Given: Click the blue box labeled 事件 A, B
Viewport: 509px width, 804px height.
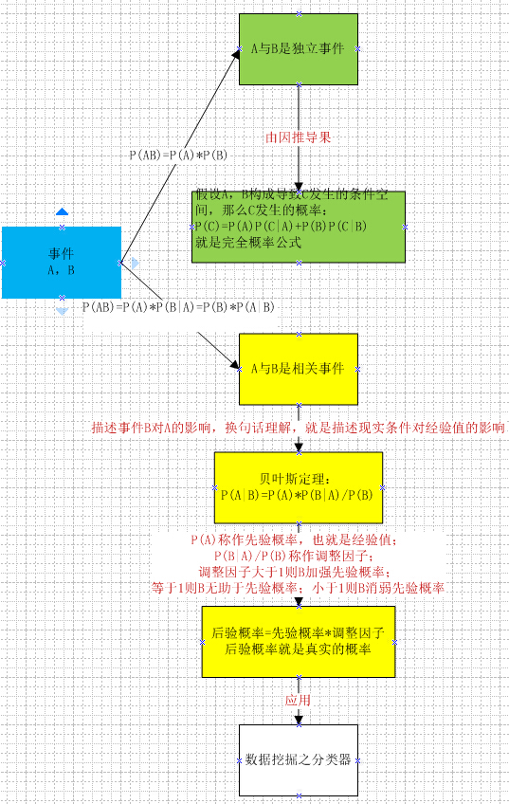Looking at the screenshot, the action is click(x=62, y=263).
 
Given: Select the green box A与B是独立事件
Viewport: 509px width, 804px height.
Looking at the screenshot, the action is click(x=299, y=48).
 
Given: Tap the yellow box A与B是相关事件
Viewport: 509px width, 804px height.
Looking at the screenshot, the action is click(x=299, y=369).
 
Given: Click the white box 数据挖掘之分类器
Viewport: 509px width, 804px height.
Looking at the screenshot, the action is click(x=299, y=759).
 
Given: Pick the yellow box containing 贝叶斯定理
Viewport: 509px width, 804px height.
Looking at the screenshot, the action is click(x=299, y=487).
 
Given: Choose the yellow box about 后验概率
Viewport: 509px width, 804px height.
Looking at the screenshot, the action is click(x=299, y=642).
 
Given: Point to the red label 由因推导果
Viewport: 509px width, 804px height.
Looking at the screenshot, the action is click(x=299, y=137).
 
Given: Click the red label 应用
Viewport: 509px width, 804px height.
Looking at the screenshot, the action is click(x=299, y=701).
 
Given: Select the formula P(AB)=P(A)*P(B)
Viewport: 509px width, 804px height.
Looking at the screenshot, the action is click(x=178, y=155).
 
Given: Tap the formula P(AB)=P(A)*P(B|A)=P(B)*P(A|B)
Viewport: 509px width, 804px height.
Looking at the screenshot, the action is click(x=178, y=307).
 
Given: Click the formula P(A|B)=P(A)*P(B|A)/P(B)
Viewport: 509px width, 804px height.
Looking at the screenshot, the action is click(x=297, y=495).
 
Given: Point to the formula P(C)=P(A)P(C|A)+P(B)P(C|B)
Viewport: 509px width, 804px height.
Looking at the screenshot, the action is click(x=281, y=226).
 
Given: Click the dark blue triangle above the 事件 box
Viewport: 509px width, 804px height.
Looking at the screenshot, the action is click(x=62, y=211).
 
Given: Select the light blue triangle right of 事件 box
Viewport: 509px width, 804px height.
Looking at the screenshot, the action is click(x=135, y=263).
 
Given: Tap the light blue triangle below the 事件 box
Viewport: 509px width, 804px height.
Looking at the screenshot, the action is click(x=62, y=311).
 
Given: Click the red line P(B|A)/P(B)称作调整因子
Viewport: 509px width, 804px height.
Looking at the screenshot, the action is click(x=291, y=556).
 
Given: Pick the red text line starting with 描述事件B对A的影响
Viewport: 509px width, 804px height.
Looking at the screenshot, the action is click(x=299, y=428).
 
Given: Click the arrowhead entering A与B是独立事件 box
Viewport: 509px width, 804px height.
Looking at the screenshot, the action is click(x=236, y=55).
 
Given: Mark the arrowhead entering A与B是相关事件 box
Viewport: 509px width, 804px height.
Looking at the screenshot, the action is click(x=234, y=365).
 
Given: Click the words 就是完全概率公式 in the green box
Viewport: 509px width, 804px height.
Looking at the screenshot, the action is click(x=248, y=243).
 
